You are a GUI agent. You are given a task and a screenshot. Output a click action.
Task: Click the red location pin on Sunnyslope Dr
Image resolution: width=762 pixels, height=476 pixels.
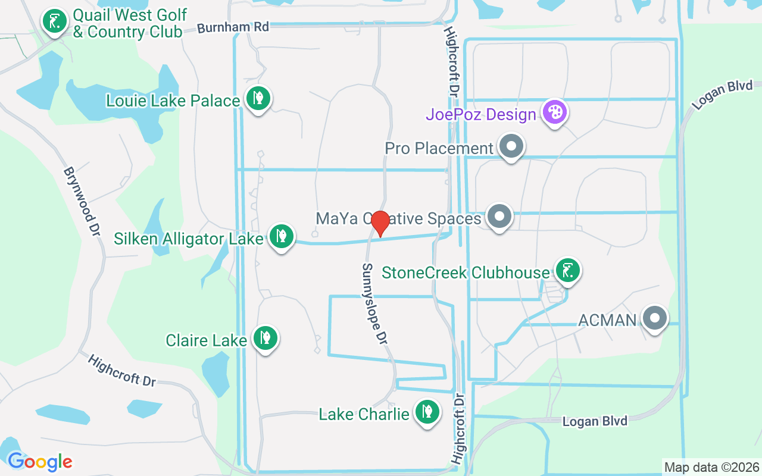click(380, 223)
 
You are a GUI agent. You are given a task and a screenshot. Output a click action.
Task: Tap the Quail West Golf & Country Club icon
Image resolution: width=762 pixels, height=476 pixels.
click(55, 21)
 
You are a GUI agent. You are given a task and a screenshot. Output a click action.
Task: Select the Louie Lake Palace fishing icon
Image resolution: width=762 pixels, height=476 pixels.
click(258, 98)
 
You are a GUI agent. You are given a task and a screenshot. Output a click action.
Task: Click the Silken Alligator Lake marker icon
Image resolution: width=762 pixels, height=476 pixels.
click(281, 236)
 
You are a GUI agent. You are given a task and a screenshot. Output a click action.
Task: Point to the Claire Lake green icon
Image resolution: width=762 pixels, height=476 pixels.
click(265, 338)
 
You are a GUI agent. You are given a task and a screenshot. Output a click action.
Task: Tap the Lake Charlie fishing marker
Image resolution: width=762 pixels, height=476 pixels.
click(427, 411)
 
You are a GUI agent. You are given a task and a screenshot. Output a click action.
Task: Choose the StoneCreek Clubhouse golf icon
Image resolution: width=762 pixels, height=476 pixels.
click(567, 271)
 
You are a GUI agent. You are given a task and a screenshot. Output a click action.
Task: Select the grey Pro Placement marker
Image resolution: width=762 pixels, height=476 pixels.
click(510, 146)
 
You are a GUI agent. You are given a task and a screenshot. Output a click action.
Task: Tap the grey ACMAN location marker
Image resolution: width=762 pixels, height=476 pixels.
click(655, 318)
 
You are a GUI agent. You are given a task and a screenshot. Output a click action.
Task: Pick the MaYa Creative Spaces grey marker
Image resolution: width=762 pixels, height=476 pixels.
click(499, 216)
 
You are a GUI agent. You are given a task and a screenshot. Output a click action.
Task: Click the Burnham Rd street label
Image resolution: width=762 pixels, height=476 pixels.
click(233, 27)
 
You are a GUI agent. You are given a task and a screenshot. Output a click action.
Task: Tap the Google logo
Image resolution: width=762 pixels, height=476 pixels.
click(40, 461)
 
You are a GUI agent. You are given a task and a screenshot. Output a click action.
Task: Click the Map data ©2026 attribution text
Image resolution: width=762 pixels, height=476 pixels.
click(711, 467)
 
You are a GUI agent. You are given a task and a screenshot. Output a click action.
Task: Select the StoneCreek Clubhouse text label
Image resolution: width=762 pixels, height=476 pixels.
click(466, 273)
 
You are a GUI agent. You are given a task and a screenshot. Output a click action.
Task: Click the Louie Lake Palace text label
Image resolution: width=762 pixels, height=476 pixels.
click(173, 101)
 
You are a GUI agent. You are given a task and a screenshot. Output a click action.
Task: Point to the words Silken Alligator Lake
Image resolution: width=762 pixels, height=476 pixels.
click(188, 239)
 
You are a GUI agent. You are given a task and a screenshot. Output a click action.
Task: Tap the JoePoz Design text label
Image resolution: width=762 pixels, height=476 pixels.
click(481, 114)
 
